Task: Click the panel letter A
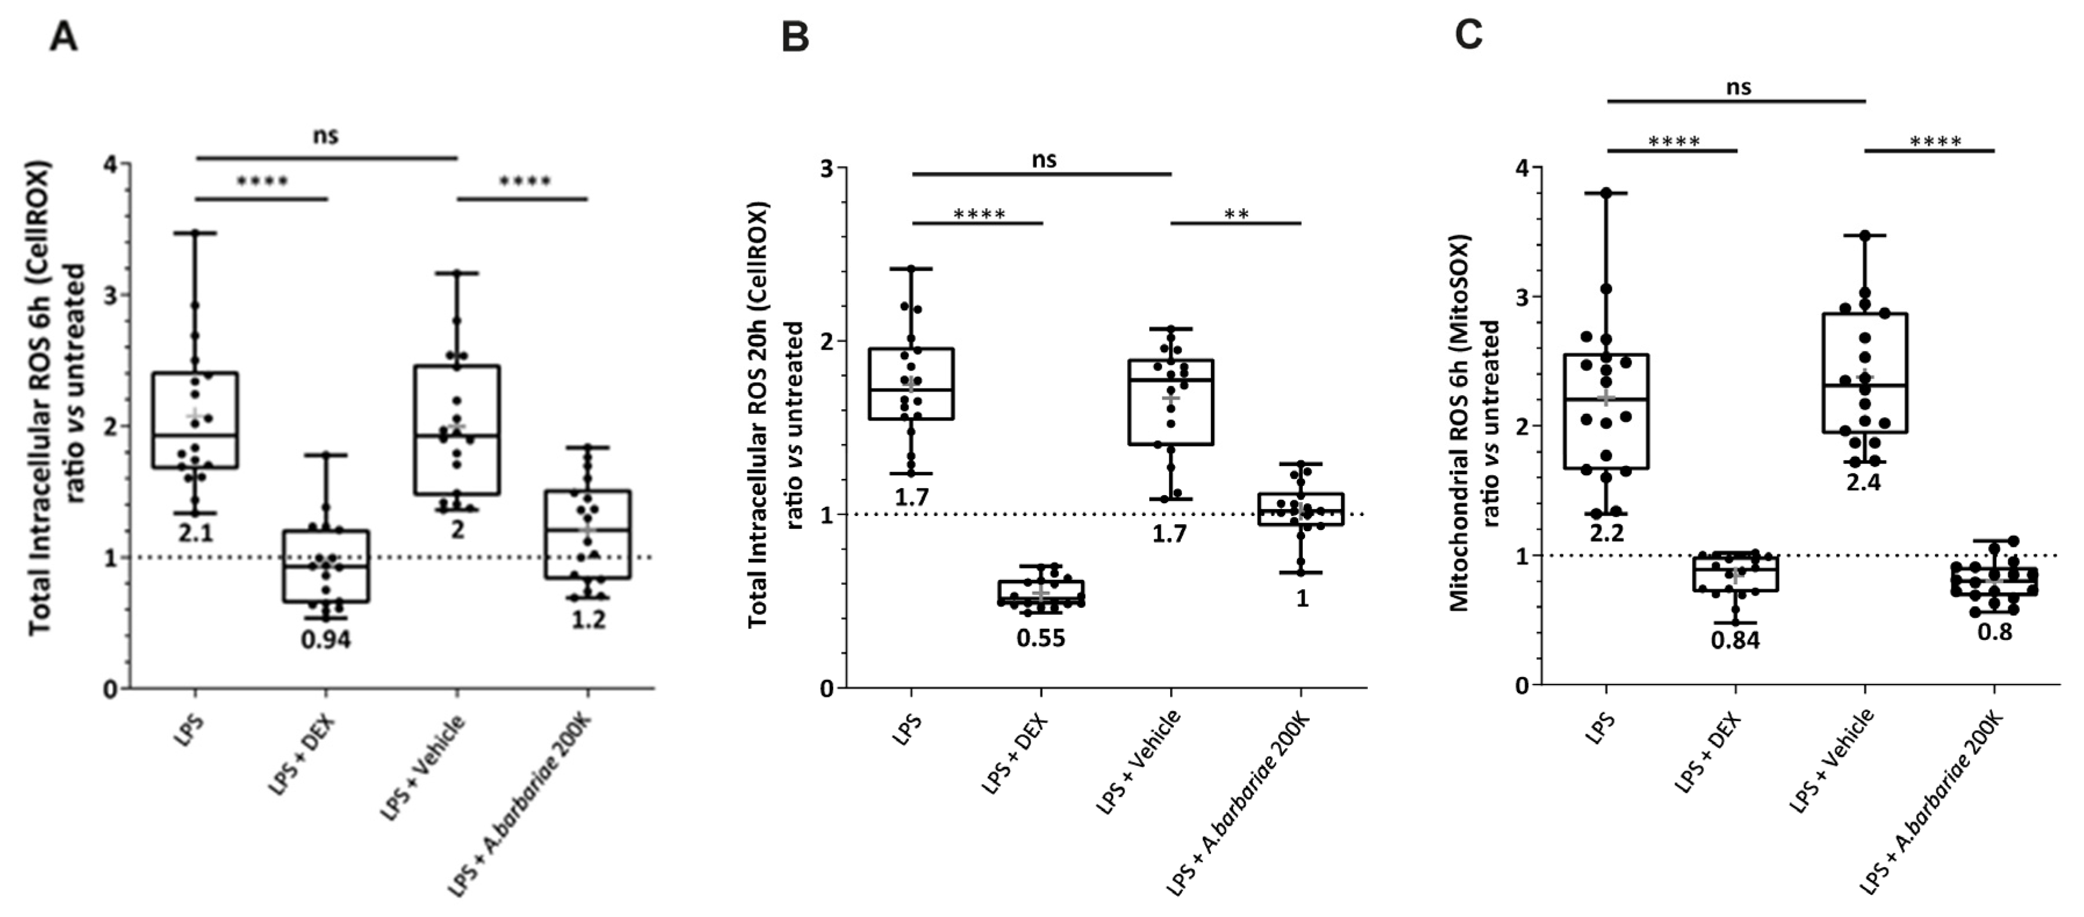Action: (64, 37)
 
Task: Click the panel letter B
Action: (795, 37)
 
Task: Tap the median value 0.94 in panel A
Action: (325, 639)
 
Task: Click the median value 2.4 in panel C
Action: (1865, 482)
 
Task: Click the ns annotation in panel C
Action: (1738, 87)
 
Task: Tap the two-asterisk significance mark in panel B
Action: (1236, 214)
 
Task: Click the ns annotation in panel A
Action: (325, 135)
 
